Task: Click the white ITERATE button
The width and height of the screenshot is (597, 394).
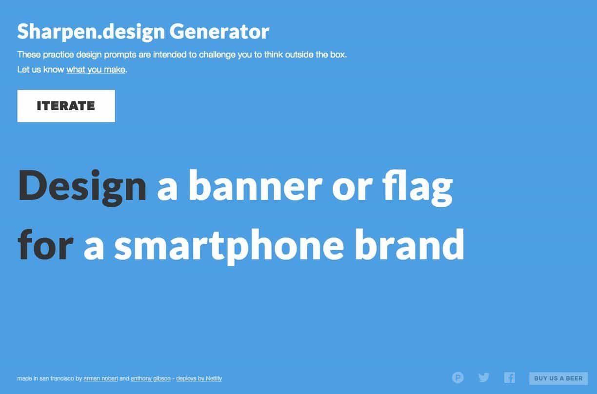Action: tap(66, 106)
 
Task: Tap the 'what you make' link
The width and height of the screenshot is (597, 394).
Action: tap(96, 70)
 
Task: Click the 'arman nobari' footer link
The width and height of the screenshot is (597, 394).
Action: tap(100, 378)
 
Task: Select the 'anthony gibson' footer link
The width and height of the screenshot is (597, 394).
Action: tap(151, 378)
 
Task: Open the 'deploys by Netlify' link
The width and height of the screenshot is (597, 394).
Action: tap(199, 378)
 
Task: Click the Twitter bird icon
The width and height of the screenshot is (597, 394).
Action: tap(484, 377)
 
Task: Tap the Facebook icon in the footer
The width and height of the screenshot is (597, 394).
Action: tap(509, 378)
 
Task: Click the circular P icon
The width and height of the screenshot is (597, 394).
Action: tap(458, 378)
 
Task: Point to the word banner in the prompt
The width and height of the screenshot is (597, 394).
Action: tap(256, 185)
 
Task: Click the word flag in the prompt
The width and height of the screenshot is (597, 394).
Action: tap(418, 188)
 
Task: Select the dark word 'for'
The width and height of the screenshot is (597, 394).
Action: tap(45, 244)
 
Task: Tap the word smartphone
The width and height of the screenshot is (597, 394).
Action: tap(229, 247)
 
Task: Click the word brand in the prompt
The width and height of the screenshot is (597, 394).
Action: tap(410, 244)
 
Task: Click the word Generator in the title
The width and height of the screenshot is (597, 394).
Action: tap(219, 32)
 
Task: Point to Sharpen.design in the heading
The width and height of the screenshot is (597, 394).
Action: tap(91, 32)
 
